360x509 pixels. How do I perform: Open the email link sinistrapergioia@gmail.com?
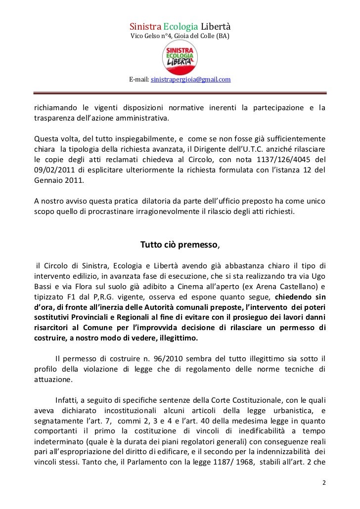190,79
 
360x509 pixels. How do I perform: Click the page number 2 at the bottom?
323,482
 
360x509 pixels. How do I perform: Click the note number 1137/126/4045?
279,160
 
